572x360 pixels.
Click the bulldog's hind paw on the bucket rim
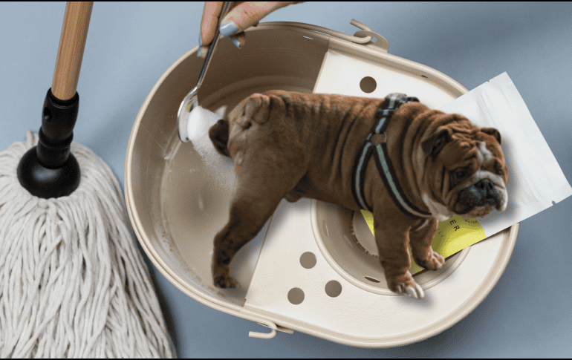point(224,281)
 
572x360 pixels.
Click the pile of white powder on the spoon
point(201,122)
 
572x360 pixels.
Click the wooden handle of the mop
point(71,45)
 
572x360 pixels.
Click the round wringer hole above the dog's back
point(368,84)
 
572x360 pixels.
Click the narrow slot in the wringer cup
point(371,279)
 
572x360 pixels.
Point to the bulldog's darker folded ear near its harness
point(438,140)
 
